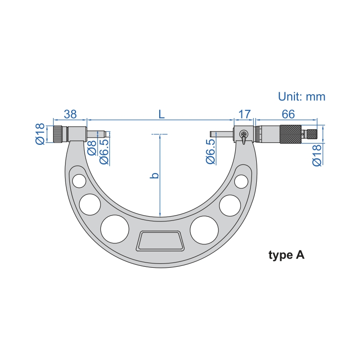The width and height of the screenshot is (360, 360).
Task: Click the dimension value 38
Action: coord(70,114)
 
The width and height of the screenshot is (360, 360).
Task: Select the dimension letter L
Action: coord(162,114)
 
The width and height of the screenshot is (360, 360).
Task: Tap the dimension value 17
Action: coord(244,114)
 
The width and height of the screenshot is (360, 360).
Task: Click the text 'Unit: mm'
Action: coord(302,97)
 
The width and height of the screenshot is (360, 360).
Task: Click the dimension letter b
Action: coord(154,175)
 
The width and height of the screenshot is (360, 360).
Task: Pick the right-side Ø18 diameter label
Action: coord(316,155)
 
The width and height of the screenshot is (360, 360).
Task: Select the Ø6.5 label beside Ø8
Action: coord(104,152)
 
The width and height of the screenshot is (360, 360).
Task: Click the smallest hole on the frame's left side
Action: coord(78,181)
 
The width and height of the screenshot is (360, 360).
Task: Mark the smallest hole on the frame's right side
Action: coord(241,182)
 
